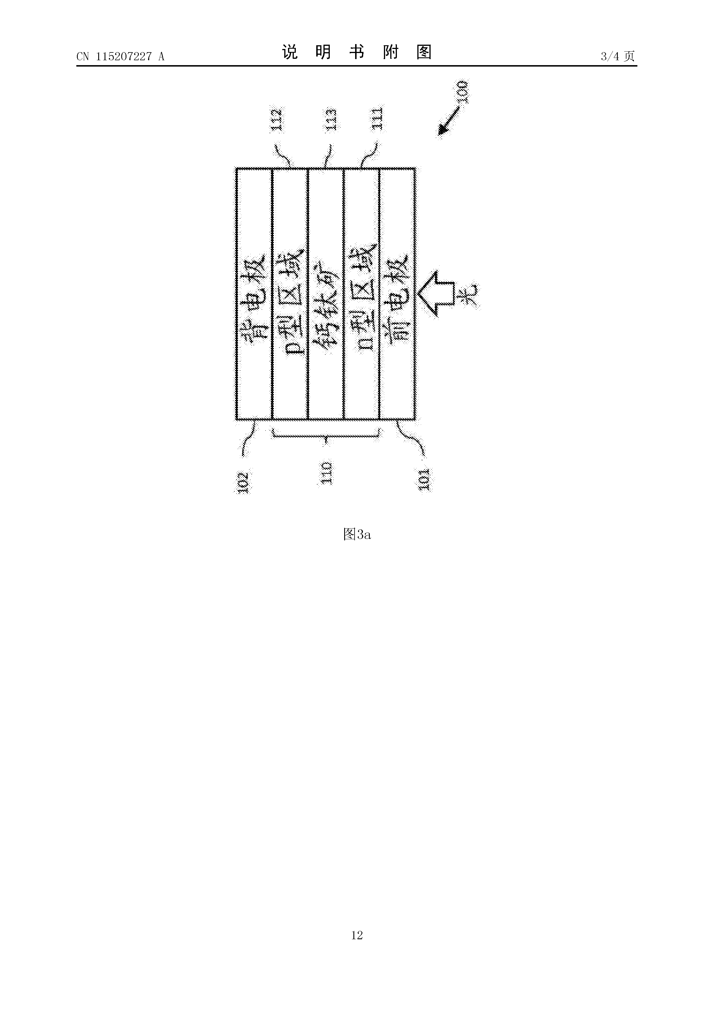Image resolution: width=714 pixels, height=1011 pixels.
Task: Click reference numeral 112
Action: pos(277,120)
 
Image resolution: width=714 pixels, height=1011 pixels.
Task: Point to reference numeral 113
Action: pos(331,120)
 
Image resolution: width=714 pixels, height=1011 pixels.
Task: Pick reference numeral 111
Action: pos(378,119)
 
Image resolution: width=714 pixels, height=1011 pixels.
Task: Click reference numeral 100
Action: pos(463,92)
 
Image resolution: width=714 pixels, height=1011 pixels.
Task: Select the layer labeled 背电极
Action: pos(254,294)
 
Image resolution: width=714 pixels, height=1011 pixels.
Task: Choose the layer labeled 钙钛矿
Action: pos(325,294)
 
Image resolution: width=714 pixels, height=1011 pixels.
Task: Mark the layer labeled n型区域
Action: pos(361,294)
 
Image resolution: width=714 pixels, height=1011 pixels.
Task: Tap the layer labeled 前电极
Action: pos(397,294)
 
